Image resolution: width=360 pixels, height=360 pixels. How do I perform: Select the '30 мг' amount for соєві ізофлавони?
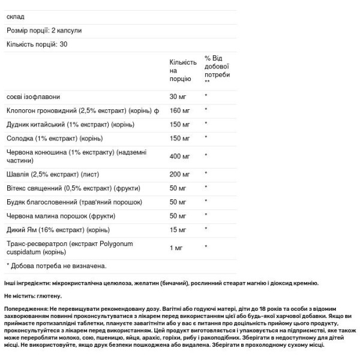178,97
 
